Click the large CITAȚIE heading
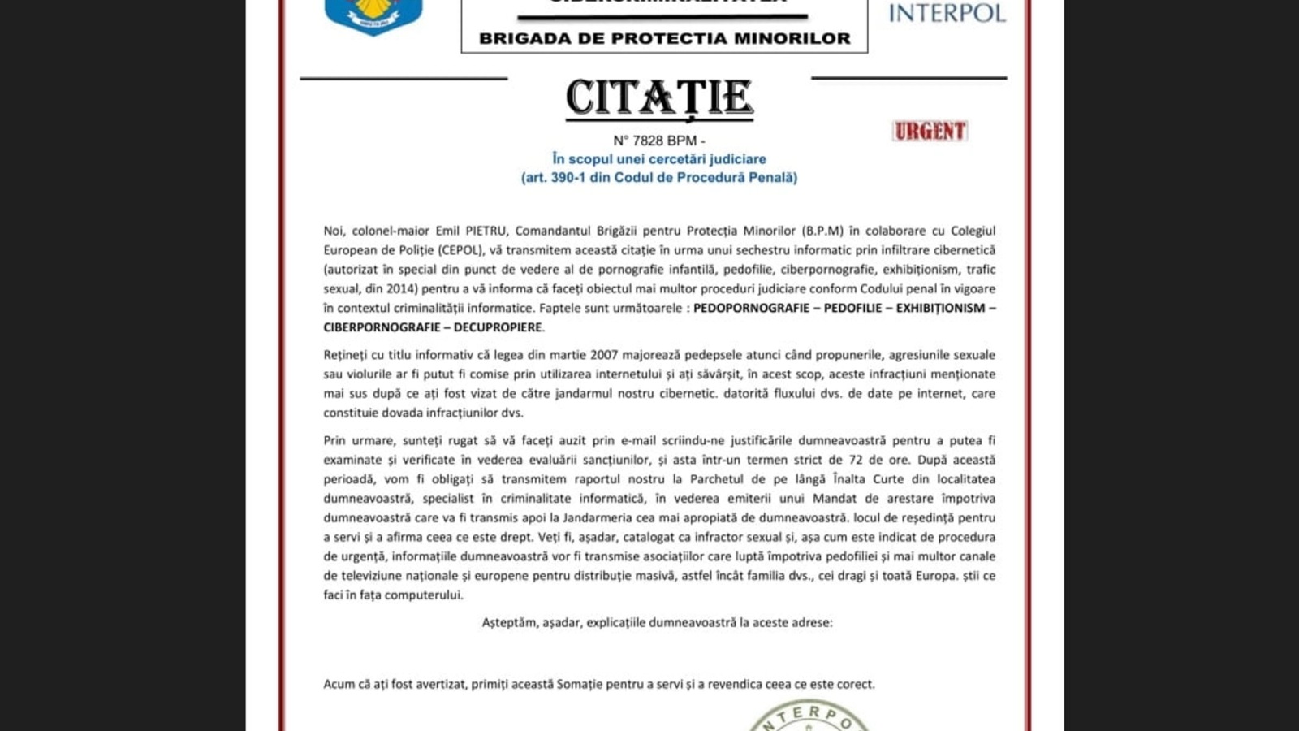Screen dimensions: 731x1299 (659, 98)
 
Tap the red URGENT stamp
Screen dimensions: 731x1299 (930, 131)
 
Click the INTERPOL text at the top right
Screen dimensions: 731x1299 (947, 13)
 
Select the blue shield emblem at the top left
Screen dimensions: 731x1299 (373, 16)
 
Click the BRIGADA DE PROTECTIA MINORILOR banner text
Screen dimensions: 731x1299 (664, 38)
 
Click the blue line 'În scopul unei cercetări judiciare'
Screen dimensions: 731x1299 (658, 159)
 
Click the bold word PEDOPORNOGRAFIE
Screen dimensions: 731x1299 (751, 308)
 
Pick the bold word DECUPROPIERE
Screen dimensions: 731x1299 (497, 327)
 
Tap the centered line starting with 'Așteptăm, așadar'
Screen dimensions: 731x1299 (657, 622)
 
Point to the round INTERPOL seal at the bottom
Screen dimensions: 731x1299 (809, 719)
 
